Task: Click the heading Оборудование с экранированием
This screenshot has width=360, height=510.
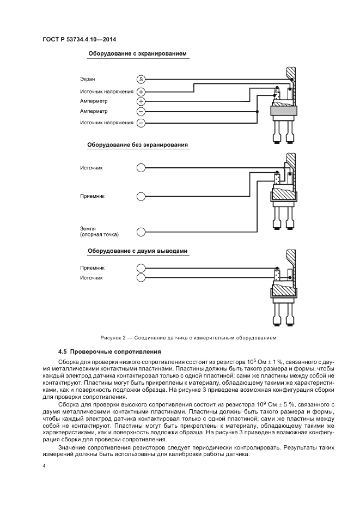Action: coord(137,54)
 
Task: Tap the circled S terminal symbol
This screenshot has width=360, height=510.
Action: coord(141,80)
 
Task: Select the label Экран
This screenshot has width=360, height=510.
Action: coord(88,80)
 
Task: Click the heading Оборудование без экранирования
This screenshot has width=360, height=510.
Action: coord(137,145)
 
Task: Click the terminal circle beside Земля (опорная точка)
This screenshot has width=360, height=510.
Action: coord(141,232)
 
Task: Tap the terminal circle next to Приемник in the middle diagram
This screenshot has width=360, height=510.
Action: coord(141,196)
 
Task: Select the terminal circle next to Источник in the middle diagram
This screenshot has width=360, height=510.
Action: coord(141,168)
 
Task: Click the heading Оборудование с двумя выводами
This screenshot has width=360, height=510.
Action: coord(138,251)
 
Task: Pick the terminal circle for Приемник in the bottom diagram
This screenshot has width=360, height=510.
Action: coord(141,268)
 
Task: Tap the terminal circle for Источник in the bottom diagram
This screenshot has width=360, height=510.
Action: coord(141,278)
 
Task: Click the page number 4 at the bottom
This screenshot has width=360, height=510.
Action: coord(44,466)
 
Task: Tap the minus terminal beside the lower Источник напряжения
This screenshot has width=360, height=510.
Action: coord(141,123)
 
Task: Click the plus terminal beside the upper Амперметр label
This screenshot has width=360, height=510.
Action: coord(141,101)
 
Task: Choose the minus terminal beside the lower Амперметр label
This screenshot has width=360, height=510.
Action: coord(141,112)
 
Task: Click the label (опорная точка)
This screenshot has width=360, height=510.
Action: coord(100,235)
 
